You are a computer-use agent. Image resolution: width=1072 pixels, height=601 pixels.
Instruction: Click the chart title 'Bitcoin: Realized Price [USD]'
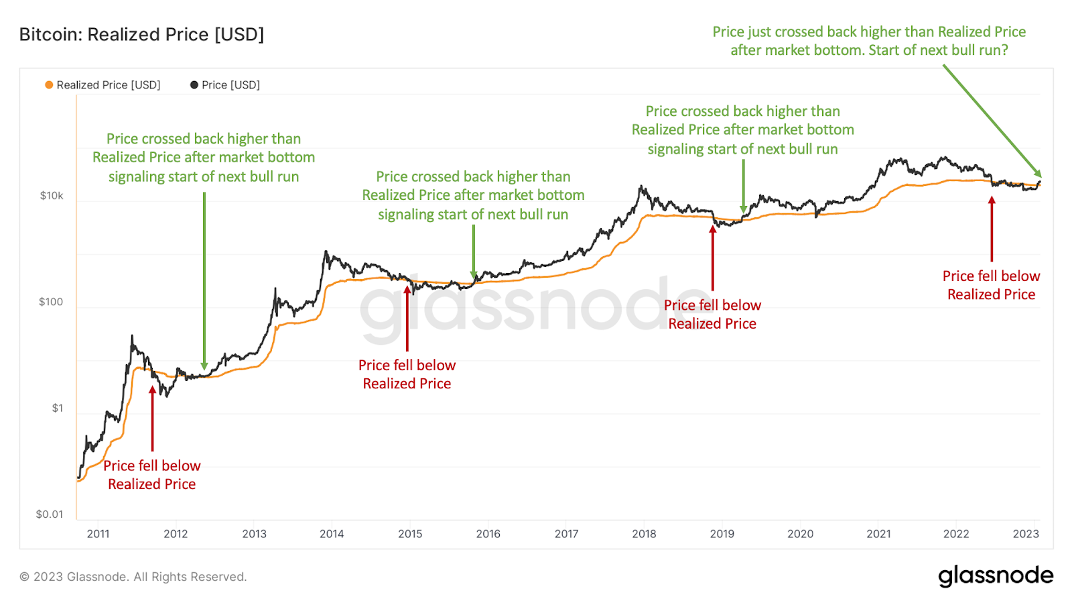pos(141,34)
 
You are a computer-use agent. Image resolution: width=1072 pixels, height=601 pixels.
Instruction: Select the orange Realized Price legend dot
pos(49,85)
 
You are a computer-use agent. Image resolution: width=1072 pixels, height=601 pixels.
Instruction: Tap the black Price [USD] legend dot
pos(194,85)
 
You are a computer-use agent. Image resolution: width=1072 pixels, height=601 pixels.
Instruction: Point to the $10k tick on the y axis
pos(52,196)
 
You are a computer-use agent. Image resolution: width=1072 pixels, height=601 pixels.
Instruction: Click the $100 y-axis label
pos(51,302)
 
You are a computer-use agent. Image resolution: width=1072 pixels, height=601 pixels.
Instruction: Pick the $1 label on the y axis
pos(58,408)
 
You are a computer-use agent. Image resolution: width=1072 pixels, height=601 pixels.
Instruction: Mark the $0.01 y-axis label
pos(50,514)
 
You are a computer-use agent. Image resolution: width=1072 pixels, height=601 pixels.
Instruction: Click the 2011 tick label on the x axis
pos(98,534)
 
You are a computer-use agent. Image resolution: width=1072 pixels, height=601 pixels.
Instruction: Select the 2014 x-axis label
pos(332,534)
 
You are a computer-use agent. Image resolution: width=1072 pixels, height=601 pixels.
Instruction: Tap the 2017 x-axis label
pos(566,534)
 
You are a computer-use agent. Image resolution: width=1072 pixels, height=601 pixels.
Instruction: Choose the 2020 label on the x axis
pos(800,534)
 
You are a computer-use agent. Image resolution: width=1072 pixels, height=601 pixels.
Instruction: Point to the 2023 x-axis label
pos(1026,534)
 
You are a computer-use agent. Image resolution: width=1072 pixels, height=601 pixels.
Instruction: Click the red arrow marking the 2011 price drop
pos(153,419)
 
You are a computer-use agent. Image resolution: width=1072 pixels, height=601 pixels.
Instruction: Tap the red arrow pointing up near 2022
pos(992,228)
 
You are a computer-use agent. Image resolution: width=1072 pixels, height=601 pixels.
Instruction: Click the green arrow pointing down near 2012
pos(204,282)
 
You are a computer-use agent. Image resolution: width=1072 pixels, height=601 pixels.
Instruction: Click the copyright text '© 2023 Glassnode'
pos(133,577)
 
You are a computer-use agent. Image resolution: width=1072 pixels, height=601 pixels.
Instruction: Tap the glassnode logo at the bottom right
pos(996,576)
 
